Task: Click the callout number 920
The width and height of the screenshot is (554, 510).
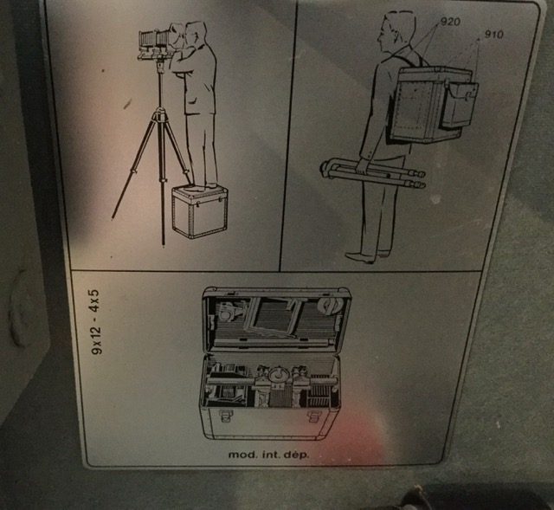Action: click(x=450, y=22)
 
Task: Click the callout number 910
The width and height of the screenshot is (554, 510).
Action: click(x=493, y=35)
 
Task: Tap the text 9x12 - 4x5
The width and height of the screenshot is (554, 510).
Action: click(x=96, y=322)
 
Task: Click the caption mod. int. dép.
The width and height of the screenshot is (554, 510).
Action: click(x=268, y=455)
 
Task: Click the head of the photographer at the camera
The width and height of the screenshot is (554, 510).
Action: click(x=195, y=33)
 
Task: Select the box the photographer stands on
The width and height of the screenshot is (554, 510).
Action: click(x=200, y=211)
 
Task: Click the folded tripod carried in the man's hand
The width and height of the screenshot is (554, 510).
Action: click(x=373, y=173)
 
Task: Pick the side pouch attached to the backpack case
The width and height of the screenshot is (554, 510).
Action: click(x=459, y=105)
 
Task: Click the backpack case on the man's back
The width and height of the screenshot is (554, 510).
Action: click(x=431, y=105)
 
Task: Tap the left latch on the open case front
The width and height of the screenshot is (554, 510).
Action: click(x=225, y=416)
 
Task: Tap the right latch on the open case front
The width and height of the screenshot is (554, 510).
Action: click(x=313, y=416)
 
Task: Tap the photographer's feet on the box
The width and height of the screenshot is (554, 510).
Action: click(x=200, y=187)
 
